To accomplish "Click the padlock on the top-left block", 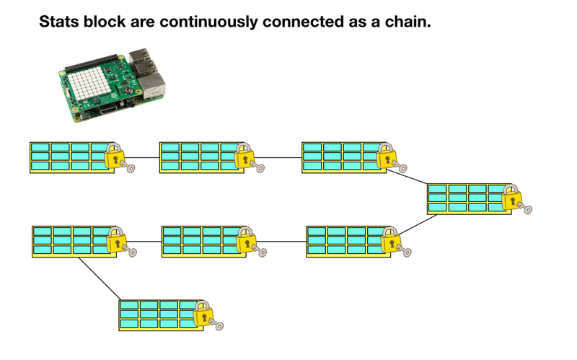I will (114, 157).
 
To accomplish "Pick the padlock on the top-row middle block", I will (244, 157).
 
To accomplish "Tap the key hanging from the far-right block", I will (526, 209).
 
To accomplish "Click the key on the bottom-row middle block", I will (260, 252).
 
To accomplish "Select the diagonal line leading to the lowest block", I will (99, 277).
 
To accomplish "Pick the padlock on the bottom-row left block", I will (117, 240).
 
